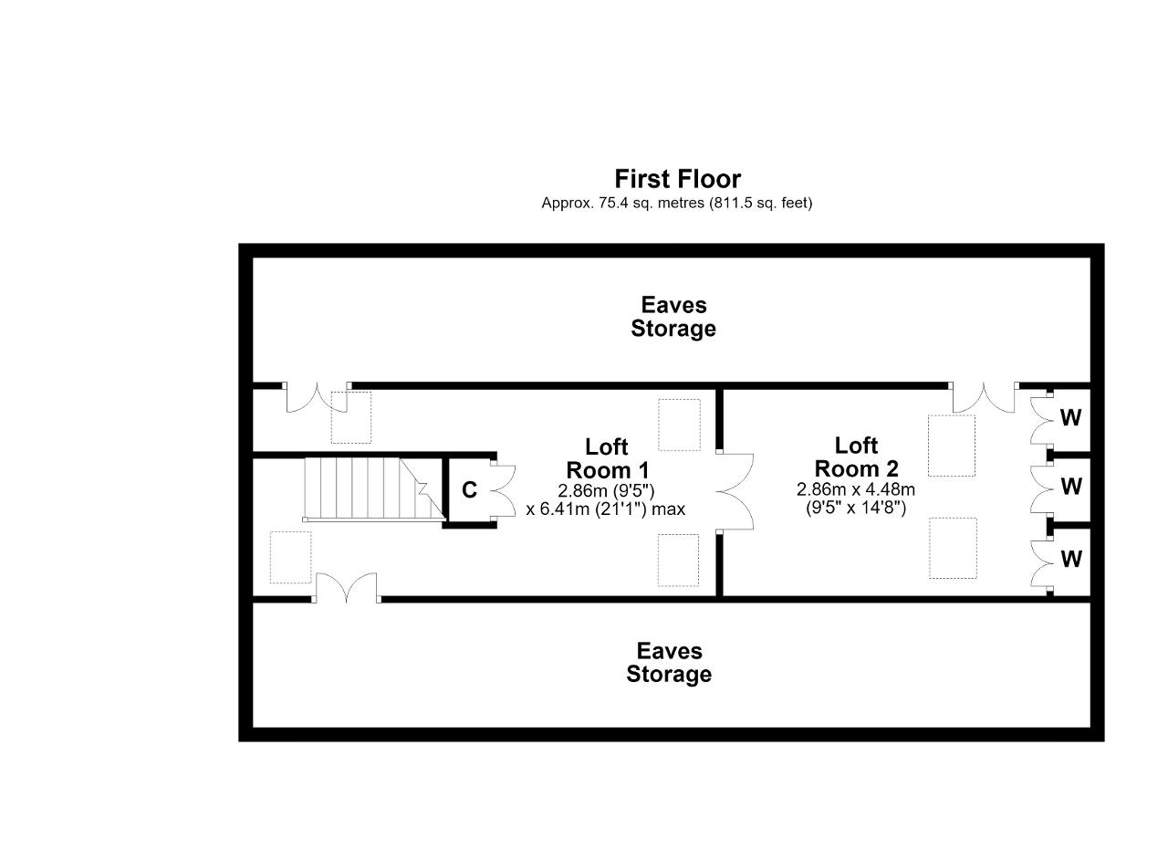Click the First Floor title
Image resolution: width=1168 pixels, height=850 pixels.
click(x=677, y=179)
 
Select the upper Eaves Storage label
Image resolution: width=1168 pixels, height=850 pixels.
click(x=673, y=317)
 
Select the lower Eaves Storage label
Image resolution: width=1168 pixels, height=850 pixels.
click(x=669, y=663)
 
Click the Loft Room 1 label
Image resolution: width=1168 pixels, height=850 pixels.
click(x=608, y=458)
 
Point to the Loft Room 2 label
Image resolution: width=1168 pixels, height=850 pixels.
click(x=856, y=457)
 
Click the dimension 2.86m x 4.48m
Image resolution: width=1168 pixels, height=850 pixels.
click(x=856, y=489)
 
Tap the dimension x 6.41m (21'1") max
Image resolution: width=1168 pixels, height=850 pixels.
click(x=605, y=509)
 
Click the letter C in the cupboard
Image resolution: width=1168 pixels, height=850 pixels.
click(x=469, y=490)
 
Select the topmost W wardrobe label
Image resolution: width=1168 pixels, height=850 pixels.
click(x=1070, y=417)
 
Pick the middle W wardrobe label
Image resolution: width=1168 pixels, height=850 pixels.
click(x=1071, y=487)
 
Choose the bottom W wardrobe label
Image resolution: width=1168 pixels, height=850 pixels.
click(x=1071, y=560)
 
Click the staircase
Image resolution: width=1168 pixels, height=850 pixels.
click(x=374, y=489)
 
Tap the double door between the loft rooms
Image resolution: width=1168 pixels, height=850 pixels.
click(x=735, y=491)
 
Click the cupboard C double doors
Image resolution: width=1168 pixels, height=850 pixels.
click(x=503, y=491)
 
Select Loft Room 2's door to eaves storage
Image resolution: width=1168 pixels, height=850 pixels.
click(x=984, y=396)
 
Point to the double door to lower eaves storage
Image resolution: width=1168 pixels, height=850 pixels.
click(x=346, y=589)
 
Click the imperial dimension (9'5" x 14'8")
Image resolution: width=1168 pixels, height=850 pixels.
click(x=856, y=508)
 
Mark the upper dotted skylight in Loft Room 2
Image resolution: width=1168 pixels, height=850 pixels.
click(x=952, y=446)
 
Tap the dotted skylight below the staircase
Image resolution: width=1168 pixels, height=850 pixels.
click(x=290, y=557)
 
